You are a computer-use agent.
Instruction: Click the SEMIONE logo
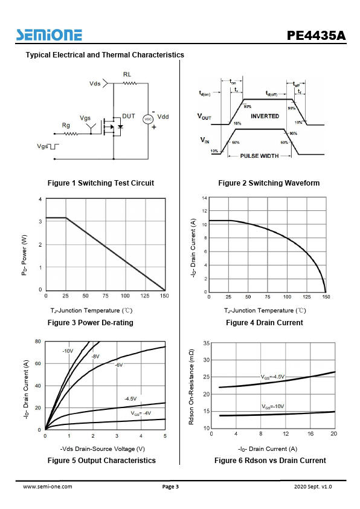click(x=49, y=34)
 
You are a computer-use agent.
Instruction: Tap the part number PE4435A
click(x=317, y=36)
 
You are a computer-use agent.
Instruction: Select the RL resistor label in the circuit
click(x=127, y=74)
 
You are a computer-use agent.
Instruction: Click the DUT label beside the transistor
click(x=129, y=116)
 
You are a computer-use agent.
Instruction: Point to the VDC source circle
click(x=148, y=119)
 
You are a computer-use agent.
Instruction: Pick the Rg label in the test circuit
click(x=66, y=126)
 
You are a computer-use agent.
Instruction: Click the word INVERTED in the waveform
click(x=265, y=116)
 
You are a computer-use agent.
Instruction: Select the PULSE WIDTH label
click(x=260, y=156)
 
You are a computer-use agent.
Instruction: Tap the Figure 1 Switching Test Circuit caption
click(x=100, y=183)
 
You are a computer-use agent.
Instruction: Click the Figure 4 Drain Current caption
click(x=265, y=323)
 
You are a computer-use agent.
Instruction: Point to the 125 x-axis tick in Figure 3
click(x=145, y=296)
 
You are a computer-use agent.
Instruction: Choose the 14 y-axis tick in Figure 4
click(x=204, y=198)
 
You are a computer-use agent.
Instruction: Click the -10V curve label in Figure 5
click(x=68, y=351)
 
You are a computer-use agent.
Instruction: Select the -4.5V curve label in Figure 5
click(x=130, y=398)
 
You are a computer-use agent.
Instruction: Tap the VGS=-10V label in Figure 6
click(x=273, y=406)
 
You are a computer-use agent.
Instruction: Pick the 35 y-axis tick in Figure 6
click(x=206, y=343)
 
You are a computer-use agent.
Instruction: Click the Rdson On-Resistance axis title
click(x=191, y=387)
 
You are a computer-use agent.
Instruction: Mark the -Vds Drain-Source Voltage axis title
click(x=103, y=449)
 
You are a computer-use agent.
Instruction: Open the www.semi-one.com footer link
click(x=47, y=486)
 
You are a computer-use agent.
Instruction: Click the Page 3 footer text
click(x=170, y=486)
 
